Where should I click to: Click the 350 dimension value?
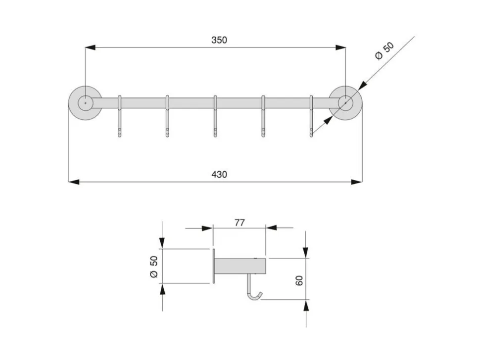tap(219, 40)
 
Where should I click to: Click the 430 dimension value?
tap(219, 175)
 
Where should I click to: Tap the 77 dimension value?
tap(240, 223)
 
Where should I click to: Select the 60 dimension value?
tap(299, 280)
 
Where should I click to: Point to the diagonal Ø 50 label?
tap(384, 51)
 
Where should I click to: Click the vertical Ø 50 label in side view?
tap(154, 267)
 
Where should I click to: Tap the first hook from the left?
tap(120, 116)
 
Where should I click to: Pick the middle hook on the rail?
tap(215, 116)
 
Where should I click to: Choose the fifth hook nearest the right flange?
tap(311, 116)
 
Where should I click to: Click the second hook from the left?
tap(167, 116)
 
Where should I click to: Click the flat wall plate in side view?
tap(214, 266)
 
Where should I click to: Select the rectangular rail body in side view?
tap(240, 266)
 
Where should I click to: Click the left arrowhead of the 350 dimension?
tap(90, 47)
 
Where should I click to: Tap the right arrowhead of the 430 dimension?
tap(357, 182)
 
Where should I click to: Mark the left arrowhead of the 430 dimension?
tap(74, 182)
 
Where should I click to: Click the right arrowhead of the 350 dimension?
tap(341, 47)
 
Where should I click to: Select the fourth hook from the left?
tap(263, 116)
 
